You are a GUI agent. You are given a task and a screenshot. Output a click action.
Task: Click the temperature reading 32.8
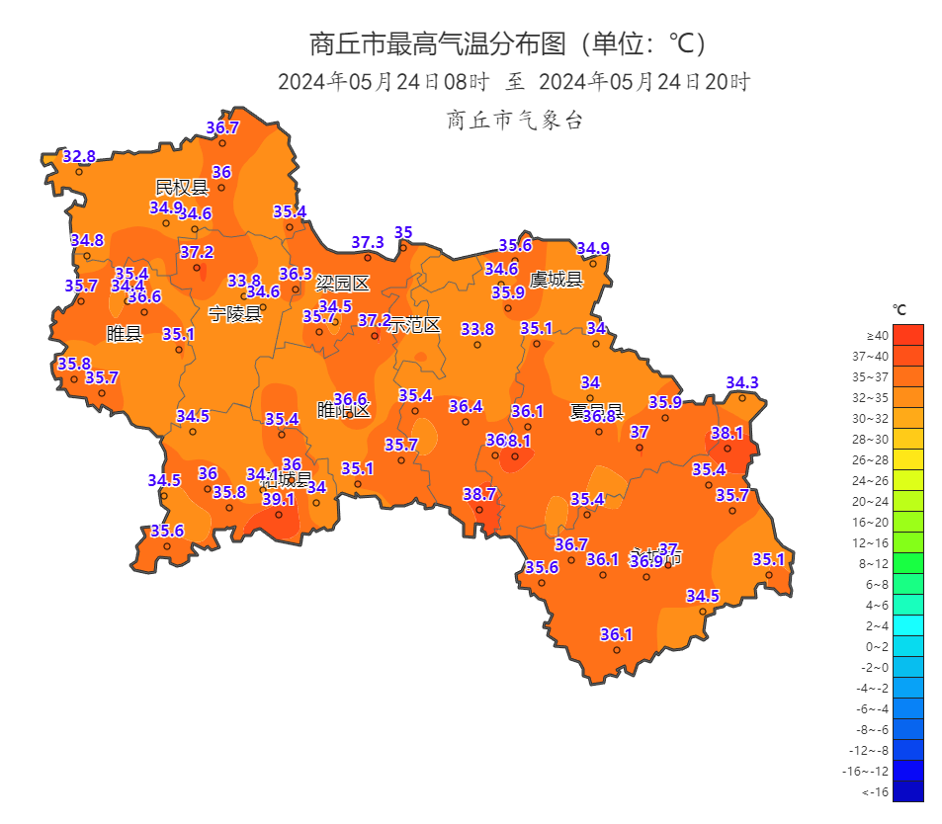(79, 156)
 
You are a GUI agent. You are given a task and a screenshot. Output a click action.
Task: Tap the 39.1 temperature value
(279, 500)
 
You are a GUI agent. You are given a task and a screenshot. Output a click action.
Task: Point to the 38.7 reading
(479, 494)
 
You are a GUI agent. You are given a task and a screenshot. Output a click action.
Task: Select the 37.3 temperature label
(368, 243)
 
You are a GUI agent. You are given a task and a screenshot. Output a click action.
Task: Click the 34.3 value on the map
(742, 383)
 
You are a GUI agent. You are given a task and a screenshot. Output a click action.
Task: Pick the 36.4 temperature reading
(466, 407)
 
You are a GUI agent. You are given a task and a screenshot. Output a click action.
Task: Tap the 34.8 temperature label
(87, 241)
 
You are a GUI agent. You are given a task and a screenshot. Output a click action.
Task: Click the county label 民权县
(182, 188)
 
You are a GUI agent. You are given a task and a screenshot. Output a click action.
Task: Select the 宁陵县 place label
(235, 314)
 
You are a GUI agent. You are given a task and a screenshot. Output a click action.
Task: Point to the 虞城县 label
(557, 280)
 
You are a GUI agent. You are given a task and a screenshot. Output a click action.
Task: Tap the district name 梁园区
(342, 285)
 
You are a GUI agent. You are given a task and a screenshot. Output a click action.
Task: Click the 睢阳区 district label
(343, 410)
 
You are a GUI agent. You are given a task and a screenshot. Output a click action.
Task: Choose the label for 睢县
(125, 334)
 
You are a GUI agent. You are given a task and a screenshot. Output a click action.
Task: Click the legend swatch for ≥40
(907, 335)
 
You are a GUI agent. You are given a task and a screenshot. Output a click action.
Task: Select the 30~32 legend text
(878, 419)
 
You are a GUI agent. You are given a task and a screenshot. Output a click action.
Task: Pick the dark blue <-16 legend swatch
(907, 791)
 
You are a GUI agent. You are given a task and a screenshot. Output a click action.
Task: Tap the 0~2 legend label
(878, 647)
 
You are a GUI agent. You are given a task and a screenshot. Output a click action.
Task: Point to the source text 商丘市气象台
(515, 121)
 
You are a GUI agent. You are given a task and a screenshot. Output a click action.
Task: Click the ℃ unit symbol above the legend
(900, 309)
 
